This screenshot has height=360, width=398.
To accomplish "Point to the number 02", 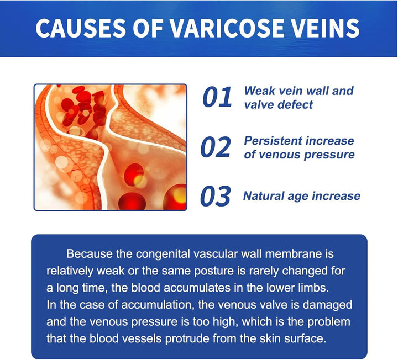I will pos(216,147).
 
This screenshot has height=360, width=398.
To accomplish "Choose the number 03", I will pos(216,197).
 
